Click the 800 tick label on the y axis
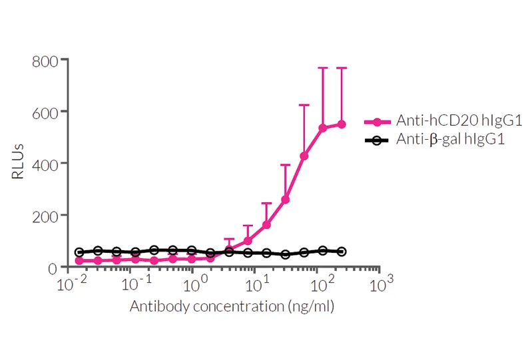pos(45,60)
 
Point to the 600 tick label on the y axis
pos(45,112)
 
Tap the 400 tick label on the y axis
pos(45,164)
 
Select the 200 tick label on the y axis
pos(45,216)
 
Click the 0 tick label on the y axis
pos(53,268)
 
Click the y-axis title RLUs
pos(18,164)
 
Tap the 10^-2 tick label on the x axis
pos(68,285)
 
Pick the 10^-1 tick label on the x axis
pos(131,285)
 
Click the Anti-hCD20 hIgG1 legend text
pos(459,121)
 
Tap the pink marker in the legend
pos(377,122)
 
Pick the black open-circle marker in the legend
pos(377,140)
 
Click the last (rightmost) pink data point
pos(342,124)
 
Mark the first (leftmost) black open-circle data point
pos(80,253)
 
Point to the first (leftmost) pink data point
pos(80,261)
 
